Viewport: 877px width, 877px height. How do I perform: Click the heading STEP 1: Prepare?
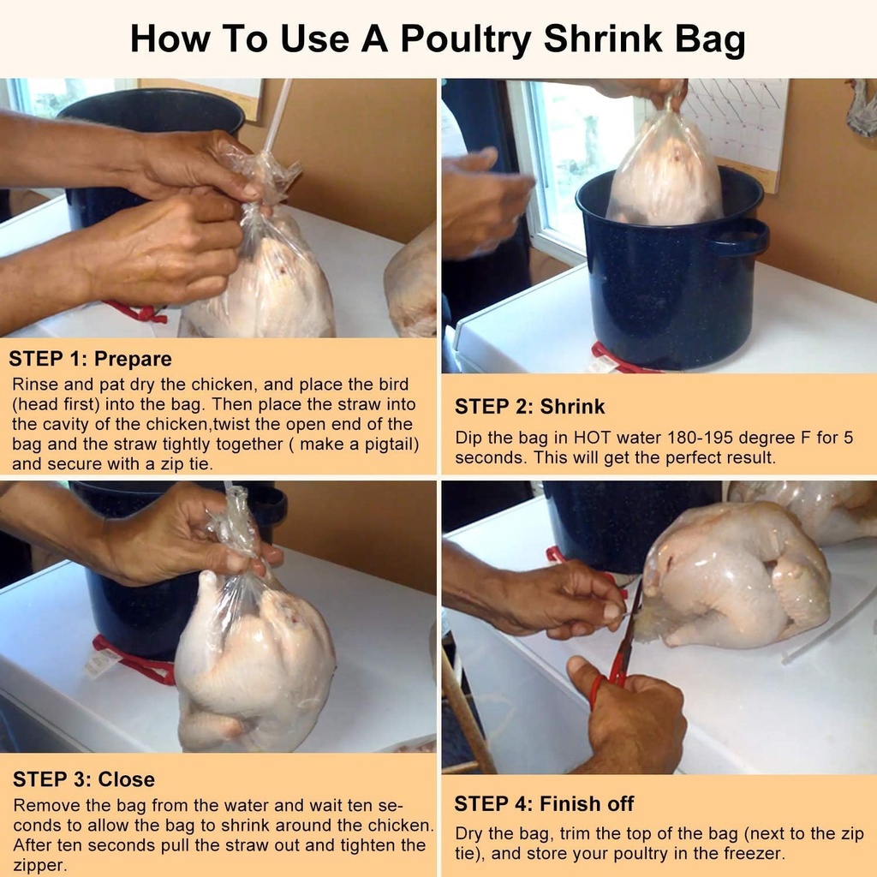pyautogui.click(x=90, y=359)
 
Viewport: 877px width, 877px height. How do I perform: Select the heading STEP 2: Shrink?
pyautogui.click(x=529, y=406)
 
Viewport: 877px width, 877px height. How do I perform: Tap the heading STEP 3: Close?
pyautogui.click(x=84, y=779)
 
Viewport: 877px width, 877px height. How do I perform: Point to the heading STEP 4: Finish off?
pyautogui.click(x=544, y=803)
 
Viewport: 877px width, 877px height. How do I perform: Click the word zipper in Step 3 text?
pyautogui.click(x=39, y=865)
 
